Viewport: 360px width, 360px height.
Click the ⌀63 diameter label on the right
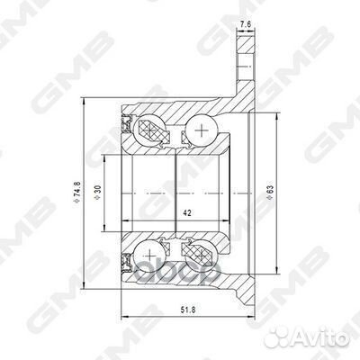(269, 192)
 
